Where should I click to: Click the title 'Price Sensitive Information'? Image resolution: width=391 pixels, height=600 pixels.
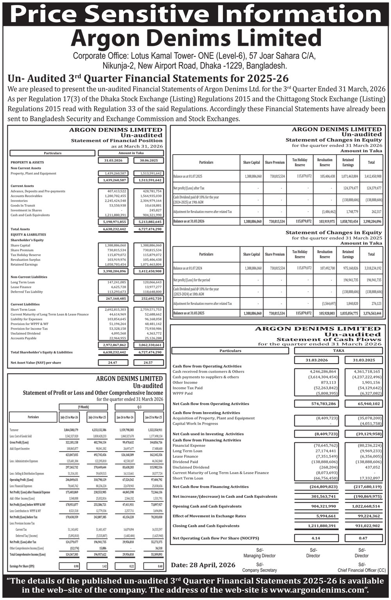(195, 14)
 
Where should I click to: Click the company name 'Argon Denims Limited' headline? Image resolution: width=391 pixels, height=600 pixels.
(195, 39)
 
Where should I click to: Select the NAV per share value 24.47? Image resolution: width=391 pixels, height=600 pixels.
(112, 362)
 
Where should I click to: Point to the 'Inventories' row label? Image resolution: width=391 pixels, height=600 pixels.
(19, 200)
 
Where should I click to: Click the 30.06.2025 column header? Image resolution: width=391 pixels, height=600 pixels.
(148, 160)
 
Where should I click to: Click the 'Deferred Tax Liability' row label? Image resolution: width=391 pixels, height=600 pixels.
(27, 292)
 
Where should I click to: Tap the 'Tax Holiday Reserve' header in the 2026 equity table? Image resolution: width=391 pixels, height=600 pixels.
(300, 162)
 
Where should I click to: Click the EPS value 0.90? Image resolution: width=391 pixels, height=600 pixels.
(76, 566)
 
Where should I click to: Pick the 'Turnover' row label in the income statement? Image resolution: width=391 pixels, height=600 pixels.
(14, 430)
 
